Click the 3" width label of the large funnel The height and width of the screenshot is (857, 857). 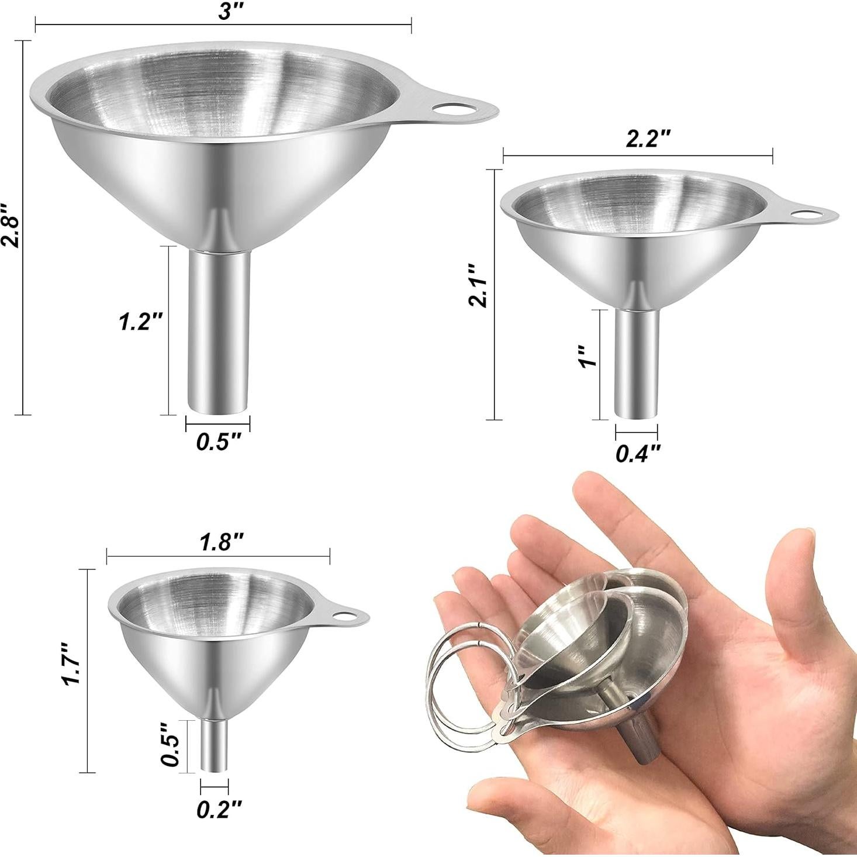[225, 13]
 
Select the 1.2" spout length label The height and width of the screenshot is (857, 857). [140, 322]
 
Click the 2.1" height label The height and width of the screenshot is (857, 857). [478, 286]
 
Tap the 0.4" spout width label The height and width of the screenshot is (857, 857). [638, 452]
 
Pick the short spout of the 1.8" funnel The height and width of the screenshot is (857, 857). [214, 745]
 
